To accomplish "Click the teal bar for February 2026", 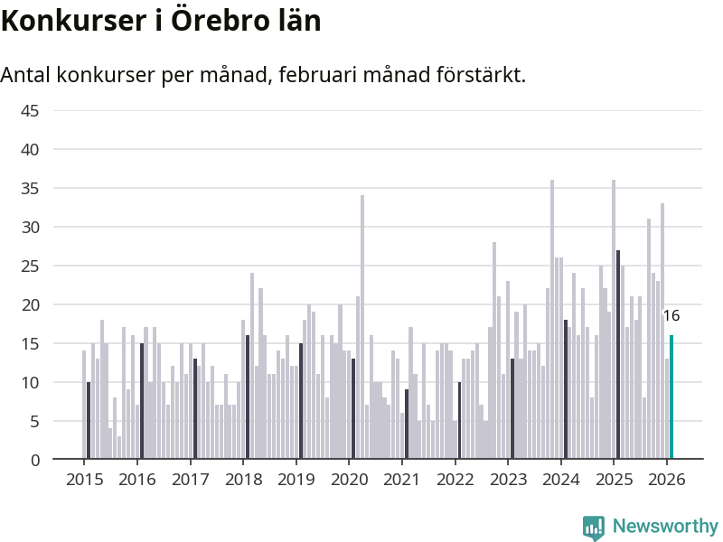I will (671, 397).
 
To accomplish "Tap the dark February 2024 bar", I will (566, 389).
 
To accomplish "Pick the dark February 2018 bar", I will (248, 397).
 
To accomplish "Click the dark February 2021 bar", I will (407, 425).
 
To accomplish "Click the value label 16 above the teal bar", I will (671, 316).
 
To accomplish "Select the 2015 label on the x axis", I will (84, 480).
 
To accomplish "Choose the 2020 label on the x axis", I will (349, 480).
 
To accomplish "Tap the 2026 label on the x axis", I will (667, 480).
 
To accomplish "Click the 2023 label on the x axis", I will (508, 480).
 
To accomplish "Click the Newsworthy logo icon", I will (594, 528).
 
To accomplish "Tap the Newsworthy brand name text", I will (665, 527).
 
